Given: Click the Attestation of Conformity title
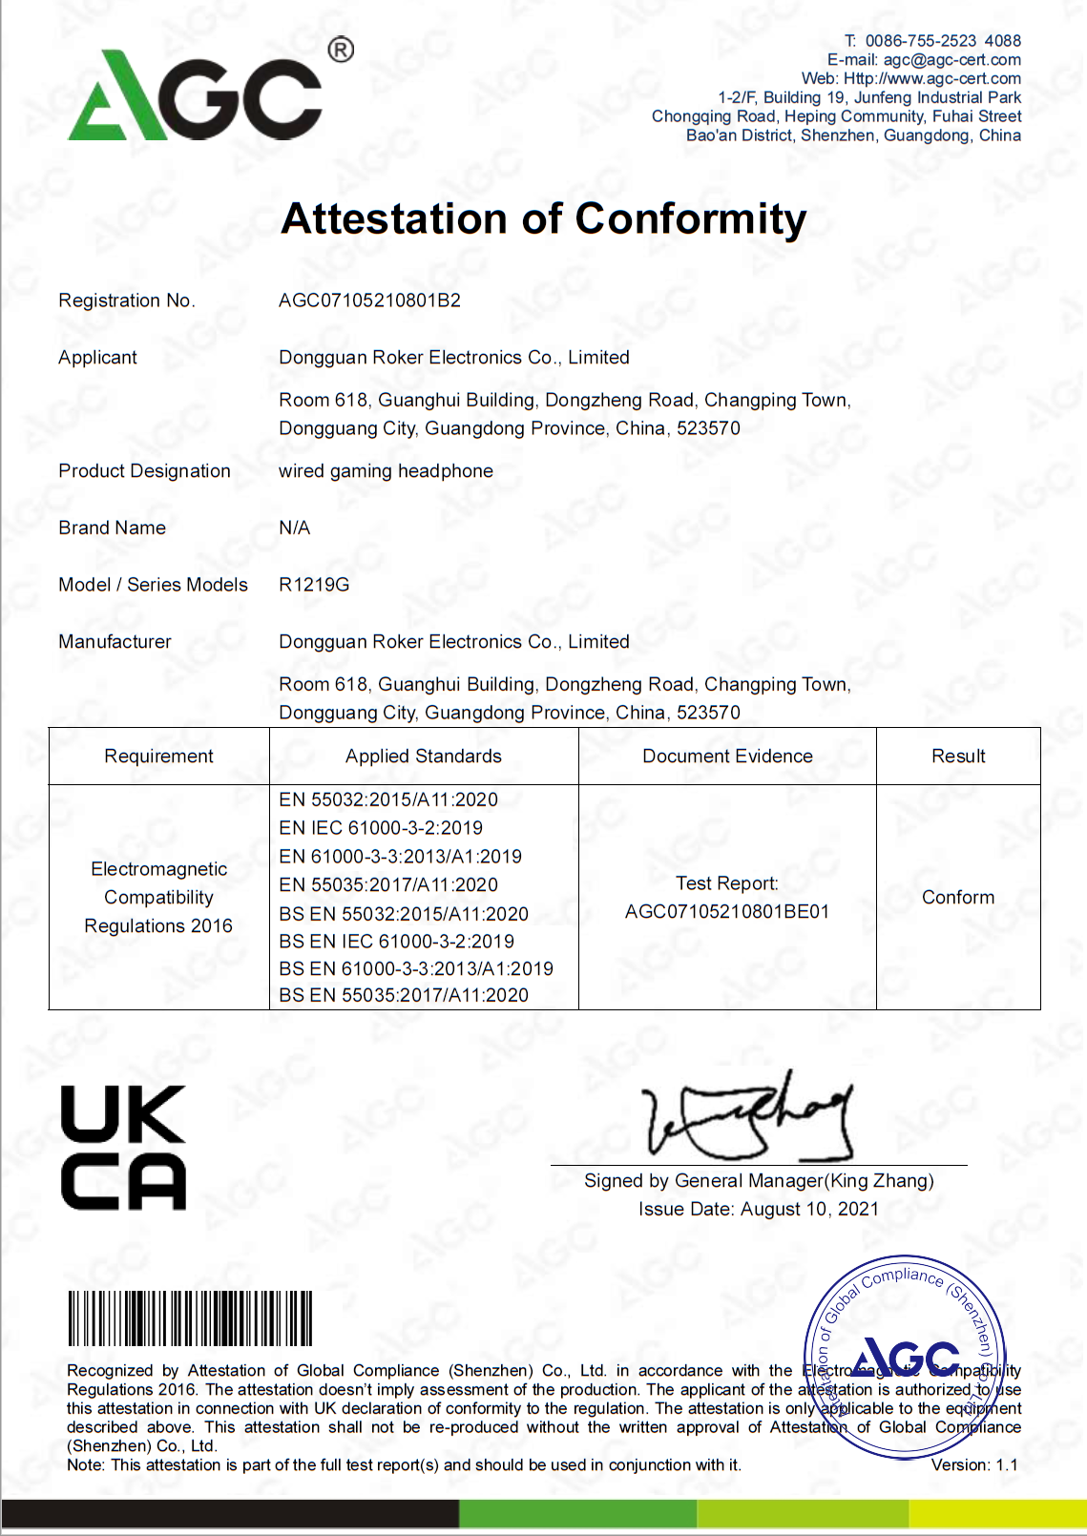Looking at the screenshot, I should pyautogui.click(x=544, y=218).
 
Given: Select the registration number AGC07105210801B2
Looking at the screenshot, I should pyautogui.click(x=369, y=301).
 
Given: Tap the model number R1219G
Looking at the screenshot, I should pyautogui.click(x=314, y=585).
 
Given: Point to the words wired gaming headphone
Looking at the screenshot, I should pyautogui.click(x=386, y=471).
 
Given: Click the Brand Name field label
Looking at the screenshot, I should pyautogui.click(x=113, y=528).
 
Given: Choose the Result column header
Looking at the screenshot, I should pyautogui.click(x=958, y=757).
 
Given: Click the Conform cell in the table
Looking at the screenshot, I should pyautogui.click(x=958, y=898).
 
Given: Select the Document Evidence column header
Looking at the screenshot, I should pyautogui.click(x=727, y=757).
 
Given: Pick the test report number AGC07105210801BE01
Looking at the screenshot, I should pyautogui.click(x=727, y=912).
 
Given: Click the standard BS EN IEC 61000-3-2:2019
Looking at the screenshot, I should pyautogui.click(x=396, y=942).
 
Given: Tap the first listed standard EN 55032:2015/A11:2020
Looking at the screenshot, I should pyautogui.click(x=388, y=799).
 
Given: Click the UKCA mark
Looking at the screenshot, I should pyautogui.click(x=123, y=1148).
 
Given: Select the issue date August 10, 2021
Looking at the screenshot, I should pyautogui.click(x=809, y=1210).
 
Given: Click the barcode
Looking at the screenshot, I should pyautogui.click(x=190, y=1318).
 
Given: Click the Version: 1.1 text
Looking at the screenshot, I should pyautogui.click(x=974, y=1465).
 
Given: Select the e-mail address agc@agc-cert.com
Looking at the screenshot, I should pyautogui.click(x=951, y=60).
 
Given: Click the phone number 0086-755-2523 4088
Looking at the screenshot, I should pyautogui.click(x=943, y=41).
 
